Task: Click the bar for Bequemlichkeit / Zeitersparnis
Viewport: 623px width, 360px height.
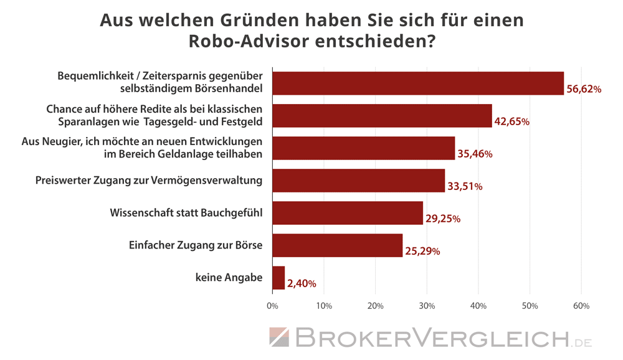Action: tap(417, 83)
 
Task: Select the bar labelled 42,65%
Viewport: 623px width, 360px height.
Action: tap(382, 115)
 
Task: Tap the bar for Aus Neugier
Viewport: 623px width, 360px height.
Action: tap(363, 148)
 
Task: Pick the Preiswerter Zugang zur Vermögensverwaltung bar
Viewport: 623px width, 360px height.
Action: tap(358, 181)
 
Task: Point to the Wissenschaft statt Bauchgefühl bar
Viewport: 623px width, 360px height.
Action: tap(348, 213)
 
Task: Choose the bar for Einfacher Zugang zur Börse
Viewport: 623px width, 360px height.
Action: tap(337, 245)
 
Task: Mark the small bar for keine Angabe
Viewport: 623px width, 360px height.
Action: tap(278, 278)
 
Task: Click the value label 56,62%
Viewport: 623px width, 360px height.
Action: tap(584, 90)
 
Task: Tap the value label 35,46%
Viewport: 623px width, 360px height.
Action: tap(475, 154)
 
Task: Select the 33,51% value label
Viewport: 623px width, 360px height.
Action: tap(465, 187)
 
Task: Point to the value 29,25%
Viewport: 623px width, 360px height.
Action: tap(443, 219)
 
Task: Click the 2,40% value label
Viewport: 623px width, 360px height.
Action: tap(302, 284)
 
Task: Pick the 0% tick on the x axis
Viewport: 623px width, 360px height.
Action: tap(272, 306)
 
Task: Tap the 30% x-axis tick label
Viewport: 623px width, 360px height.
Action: tap(427, 306)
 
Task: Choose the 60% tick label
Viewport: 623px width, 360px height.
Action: tap(581, 306)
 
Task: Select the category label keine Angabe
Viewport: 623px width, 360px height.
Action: tap(229, 278)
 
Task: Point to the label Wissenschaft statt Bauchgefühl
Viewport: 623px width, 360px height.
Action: tap(186, 212)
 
